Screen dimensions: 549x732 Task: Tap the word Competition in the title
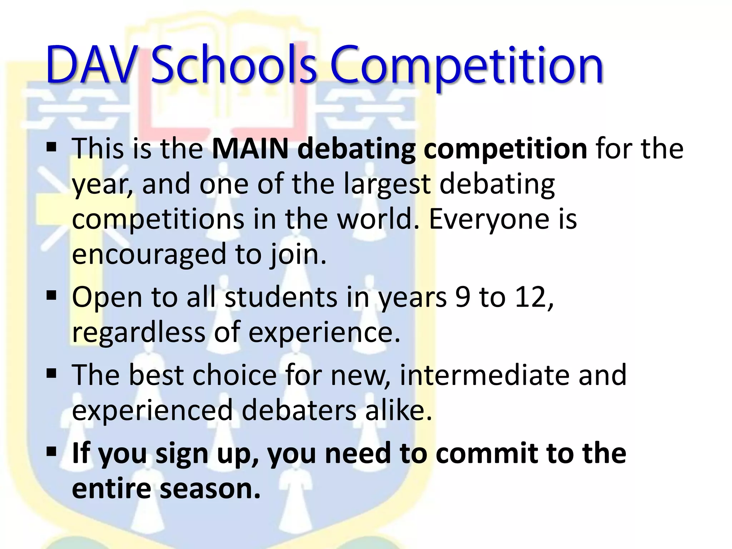pyautogui.click(x=466, y=66)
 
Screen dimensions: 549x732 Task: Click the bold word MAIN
pyautogui.click(x=250, y=148)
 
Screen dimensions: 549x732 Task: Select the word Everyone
pyautogui.click(x=488, y=220)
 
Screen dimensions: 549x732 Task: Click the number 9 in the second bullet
pyautogui.click(x=463, y=297)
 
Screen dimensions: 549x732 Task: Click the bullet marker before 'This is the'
pyautogui.click(x=51, y=147)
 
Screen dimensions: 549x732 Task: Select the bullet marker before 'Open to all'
pyautogui.click(x=51, y=296)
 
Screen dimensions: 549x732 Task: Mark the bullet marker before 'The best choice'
pyautogui.click(x=51, y=374)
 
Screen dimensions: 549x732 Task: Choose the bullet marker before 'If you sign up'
pyautogui.click(x=51, y=452)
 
